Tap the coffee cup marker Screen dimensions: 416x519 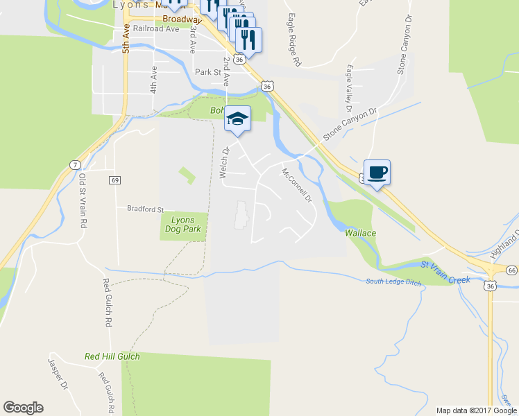(x=377, y=173)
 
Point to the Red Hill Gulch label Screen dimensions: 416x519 (x=112, y=356)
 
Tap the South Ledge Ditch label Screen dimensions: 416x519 (x=395, y=280)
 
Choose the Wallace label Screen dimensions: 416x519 (x=361, y=233)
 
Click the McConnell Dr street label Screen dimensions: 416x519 (x=298, y=185)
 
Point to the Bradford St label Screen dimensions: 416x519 (x=145, y=208)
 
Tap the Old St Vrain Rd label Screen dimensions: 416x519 (x=83, y=202)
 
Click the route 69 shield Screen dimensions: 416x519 (x=115, y=180)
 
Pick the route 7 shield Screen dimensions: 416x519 (x=74, y=164)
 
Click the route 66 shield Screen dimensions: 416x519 (x=511, y=270)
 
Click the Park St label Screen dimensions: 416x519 (x=207, y=71)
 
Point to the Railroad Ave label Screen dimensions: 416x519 (x=156, y=28)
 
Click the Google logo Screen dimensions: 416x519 (x=23, y=408)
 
